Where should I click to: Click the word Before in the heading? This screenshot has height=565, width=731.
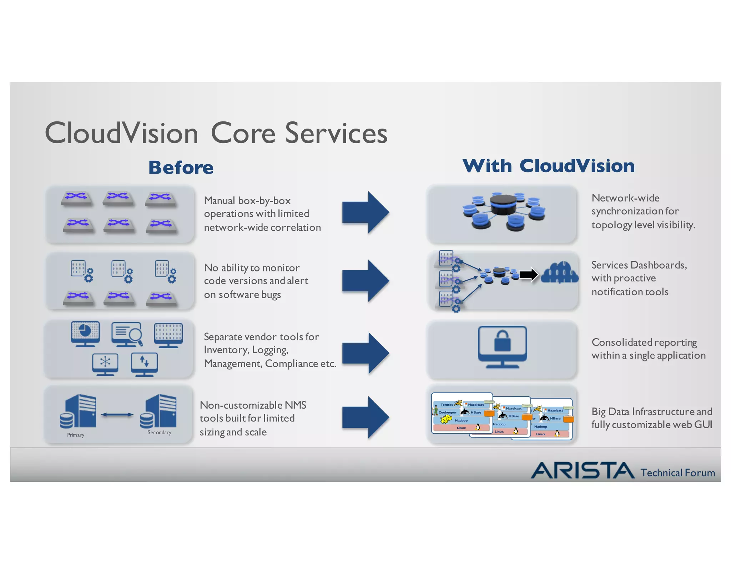pos(181,167)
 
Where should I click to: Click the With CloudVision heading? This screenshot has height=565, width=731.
pos(548,166)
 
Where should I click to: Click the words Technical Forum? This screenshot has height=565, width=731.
pos(677,473)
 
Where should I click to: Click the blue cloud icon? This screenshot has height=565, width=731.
pos(559,273)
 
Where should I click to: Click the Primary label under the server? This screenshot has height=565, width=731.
pos(76,435)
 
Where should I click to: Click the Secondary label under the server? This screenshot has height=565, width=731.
pos(159,432)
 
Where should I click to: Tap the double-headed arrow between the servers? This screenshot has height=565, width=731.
pos(117,415)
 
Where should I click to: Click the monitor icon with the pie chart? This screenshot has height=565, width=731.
pos(85,334)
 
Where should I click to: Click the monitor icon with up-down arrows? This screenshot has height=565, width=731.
pos(144,364)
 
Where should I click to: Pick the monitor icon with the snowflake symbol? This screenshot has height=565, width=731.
pos(105,364)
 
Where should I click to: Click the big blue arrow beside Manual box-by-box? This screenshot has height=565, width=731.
pos(365,212)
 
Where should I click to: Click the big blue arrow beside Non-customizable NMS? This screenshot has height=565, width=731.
pos(365,417)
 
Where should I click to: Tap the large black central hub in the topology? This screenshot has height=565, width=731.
pos(503,205)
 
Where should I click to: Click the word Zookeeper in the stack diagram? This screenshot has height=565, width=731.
pos(447,412)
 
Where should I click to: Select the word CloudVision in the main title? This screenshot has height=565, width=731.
pos(121,133)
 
